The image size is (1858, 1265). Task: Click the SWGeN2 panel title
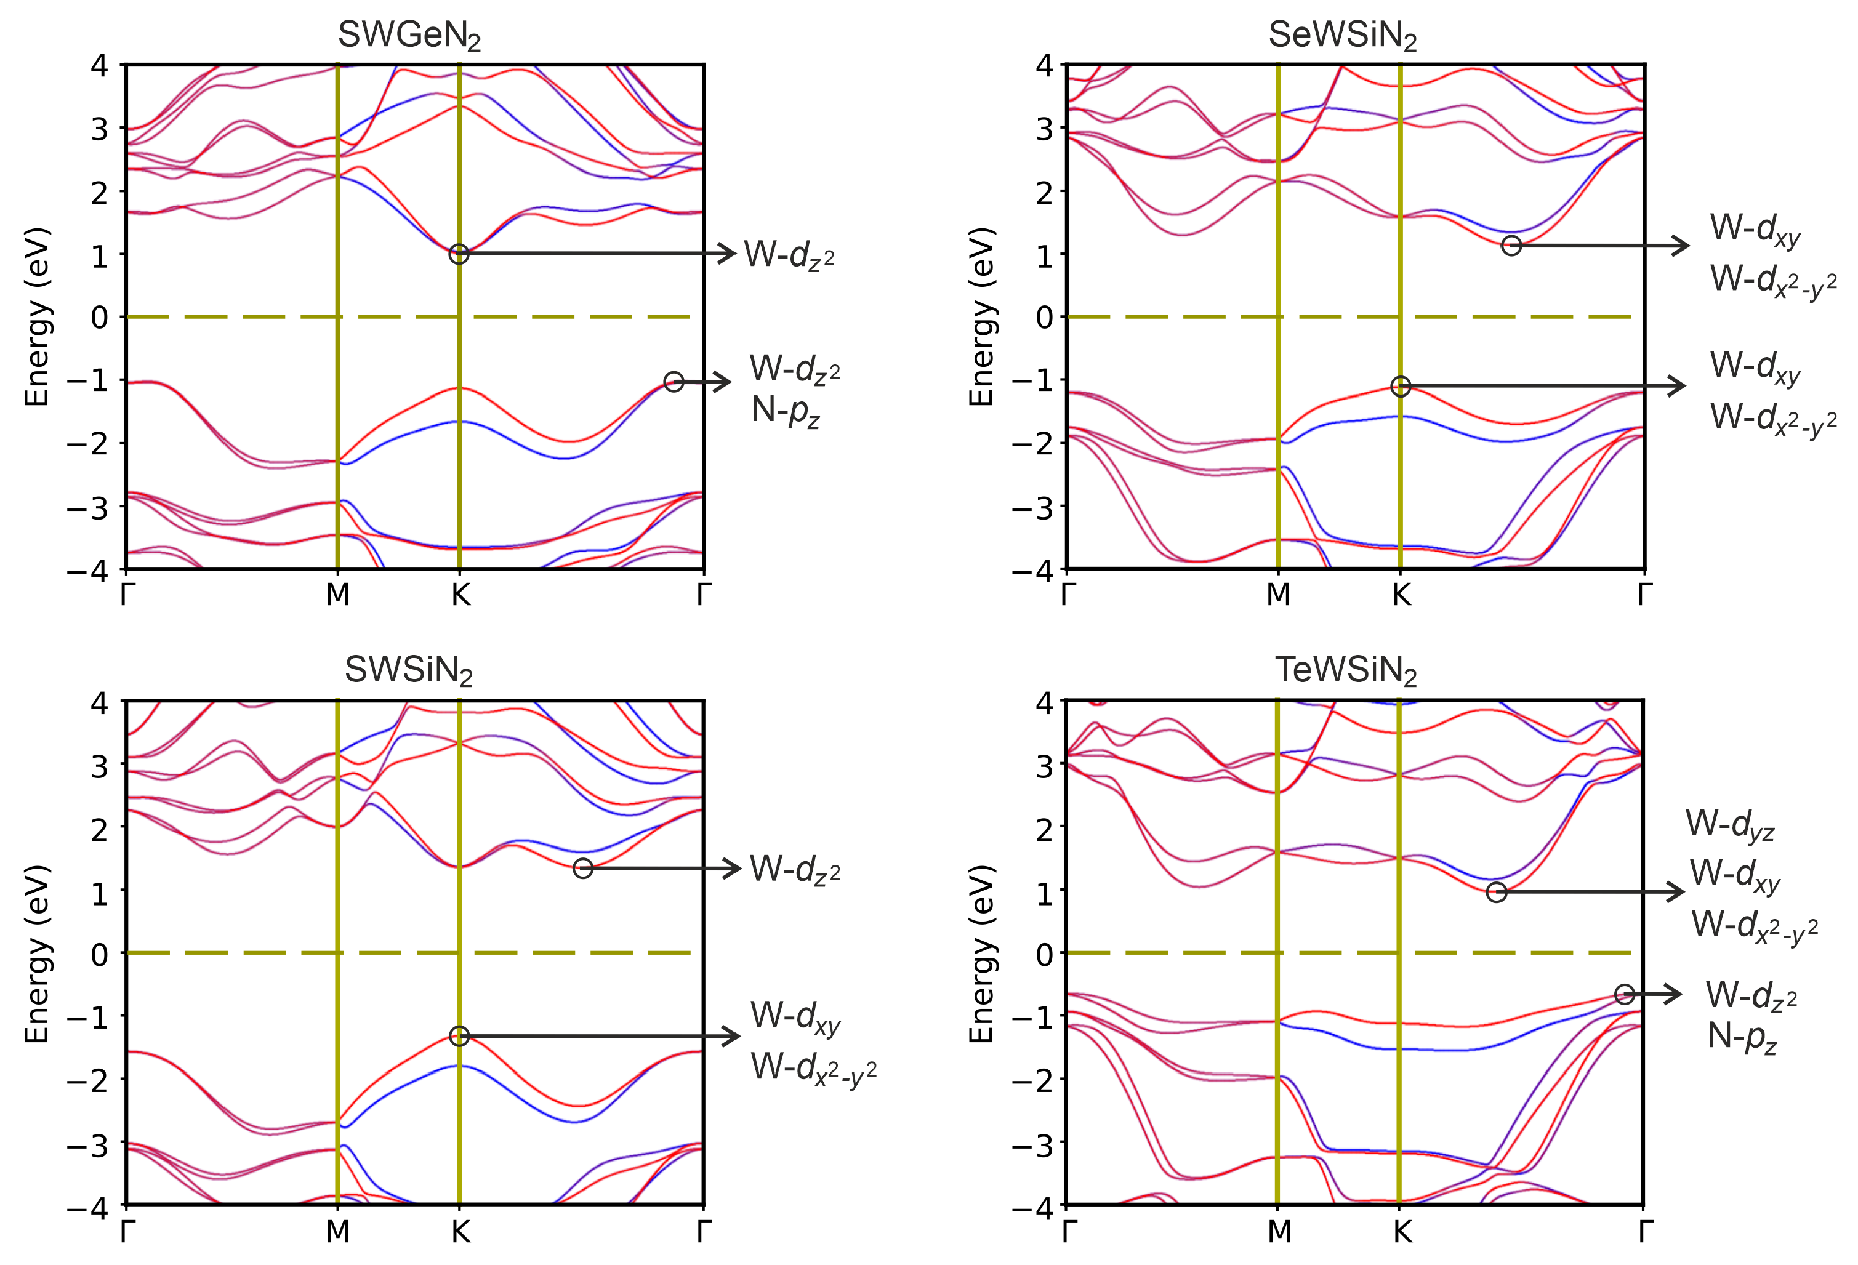tap(409, 35)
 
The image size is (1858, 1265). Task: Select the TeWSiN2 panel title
tap(1346, 670)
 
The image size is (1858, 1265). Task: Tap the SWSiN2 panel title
tap(409, 670)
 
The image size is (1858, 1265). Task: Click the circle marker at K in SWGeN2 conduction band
tap(458, 254)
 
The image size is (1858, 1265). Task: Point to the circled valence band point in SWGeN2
tap(674, 382)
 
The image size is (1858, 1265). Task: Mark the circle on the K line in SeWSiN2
tap(1400, 386)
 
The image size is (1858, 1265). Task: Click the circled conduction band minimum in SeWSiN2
tap(1511, 246)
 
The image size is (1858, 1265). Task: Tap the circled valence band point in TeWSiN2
tap(1625, 995)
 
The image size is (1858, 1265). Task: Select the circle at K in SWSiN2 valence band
tap(458, 1036)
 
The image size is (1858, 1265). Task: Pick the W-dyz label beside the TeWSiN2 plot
tap(1729, 824)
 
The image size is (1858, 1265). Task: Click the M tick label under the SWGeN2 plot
tap(337, 595)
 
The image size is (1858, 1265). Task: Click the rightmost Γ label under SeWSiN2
tap(1644, 595)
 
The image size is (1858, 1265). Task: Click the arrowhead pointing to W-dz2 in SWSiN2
tap(734, 869)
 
